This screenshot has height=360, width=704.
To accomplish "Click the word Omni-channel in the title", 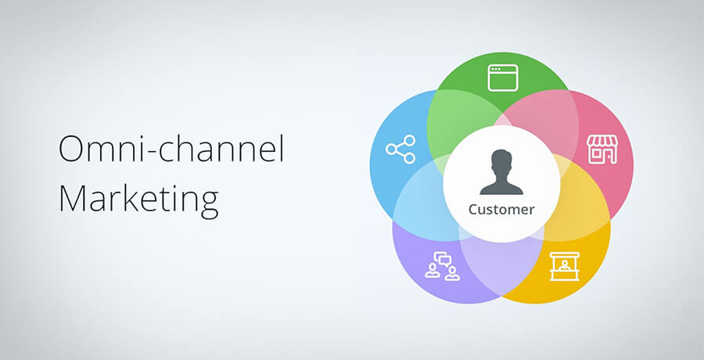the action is pos(171,149).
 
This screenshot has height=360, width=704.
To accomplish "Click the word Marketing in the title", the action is pos(138,198).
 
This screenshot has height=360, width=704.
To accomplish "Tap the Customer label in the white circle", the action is pos(501,210).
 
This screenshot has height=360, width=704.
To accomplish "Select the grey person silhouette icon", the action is pos(501,172).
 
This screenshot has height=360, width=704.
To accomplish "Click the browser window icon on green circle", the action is pos(503,77).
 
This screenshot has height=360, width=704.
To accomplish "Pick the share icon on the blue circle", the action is pos(400,149).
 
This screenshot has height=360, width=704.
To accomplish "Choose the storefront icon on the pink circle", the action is pos(602,149).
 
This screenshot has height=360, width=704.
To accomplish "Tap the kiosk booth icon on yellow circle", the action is pos(564,267).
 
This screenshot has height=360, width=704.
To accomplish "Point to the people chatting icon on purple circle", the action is pos(442,266).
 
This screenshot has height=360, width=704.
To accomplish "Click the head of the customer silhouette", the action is pos(501,162).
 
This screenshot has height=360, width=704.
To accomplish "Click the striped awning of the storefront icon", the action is pos(602,141).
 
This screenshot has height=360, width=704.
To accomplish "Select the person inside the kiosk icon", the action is pos(564,265).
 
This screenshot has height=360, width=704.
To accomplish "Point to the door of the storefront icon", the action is pos(609,156).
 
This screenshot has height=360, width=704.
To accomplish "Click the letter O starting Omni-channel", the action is pos(71,149).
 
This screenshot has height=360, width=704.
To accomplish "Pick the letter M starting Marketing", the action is pos(72,198).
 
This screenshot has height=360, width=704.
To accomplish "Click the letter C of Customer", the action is pos(473,210).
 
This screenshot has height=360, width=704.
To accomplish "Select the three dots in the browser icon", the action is pos(495,69).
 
